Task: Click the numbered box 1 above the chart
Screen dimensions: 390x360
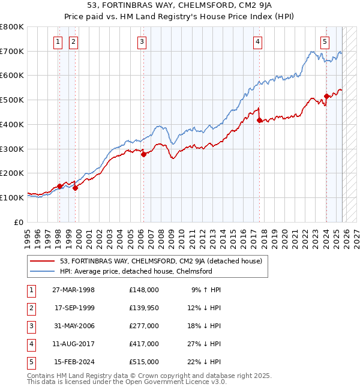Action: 58,42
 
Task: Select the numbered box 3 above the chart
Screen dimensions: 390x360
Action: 142,42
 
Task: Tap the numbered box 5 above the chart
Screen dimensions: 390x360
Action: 325,42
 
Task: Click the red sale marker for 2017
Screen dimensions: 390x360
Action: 259,121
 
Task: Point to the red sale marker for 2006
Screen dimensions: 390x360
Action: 144,154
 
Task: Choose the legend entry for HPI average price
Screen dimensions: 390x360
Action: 136,271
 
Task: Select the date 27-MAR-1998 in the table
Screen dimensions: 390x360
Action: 74,290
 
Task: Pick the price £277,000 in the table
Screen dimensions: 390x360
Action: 144,326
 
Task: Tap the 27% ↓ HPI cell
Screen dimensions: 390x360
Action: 204,344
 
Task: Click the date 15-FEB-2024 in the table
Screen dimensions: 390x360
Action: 74,362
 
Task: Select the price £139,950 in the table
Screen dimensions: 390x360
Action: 144,308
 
